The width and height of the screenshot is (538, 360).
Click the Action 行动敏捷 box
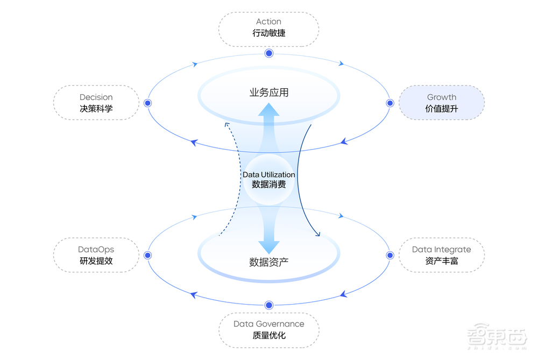(x=268, y=29)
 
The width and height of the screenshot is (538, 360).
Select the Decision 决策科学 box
(x=96, y=103)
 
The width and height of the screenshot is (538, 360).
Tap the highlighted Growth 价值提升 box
(x=441, y=103)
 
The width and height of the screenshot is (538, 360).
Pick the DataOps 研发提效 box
(x=96, y=255)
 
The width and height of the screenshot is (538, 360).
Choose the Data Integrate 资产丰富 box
(x=441, y=255)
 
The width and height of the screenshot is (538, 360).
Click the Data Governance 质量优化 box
(x=268, y=329)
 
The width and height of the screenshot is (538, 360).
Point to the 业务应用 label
(x=268, y=93)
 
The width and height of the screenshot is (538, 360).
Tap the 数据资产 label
(x=268, y=263)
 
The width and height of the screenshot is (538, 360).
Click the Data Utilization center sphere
(x=268, y=179)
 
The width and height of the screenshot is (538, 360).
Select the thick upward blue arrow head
(x=268, y=110)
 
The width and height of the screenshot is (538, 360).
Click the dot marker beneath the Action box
(x=268, y=53)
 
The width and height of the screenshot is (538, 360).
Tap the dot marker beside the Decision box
(x=148, y=103)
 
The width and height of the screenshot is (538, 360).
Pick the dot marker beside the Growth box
(x=390, y=103)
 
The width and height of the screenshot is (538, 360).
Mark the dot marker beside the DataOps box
(x=148, y=255)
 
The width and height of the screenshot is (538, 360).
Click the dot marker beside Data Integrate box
(x=390, y=255)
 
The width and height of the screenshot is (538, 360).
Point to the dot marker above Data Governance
(x=269, y=305)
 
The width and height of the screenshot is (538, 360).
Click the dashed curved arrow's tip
(x=226, y=123)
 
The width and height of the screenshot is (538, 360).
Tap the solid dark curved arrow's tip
(x=318, y=235)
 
